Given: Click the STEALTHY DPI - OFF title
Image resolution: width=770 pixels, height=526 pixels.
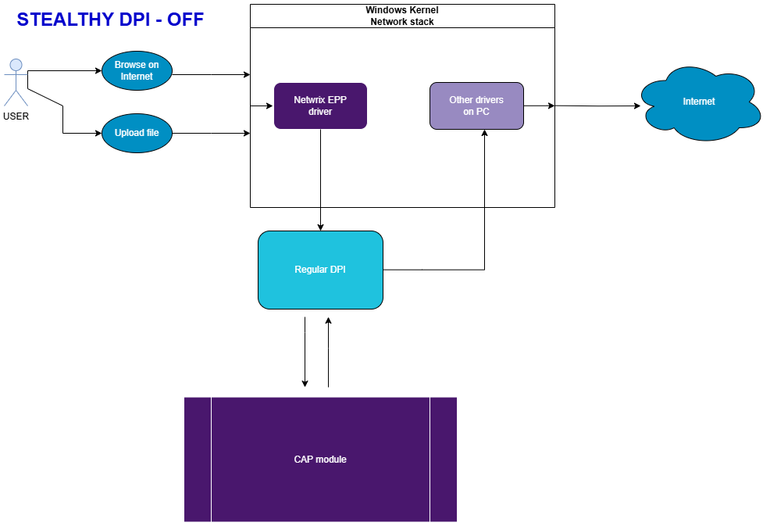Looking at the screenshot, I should click(110, 20).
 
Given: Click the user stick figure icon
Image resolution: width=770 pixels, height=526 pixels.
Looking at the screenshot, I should click(16, 81).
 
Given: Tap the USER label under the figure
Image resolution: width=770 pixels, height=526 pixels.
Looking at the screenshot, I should click(16, 116).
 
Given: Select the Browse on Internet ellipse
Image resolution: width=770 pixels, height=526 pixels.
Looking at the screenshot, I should click(137, 70).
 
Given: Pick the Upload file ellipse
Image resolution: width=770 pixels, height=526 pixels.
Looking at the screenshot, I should click(137, 133).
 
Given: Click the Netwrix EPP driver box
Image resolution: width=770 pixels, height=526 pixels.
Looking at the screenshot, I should click(320, 106).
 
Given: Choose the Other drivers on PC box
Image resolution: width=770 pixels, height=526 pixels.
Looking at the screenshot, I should click(476, 106).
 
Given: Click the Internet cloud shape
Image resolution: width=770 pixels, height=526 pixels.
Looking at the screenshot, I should click(698, 102).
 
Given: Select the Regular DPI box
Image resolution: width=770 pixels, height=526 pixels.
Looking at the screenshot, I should click(320, 270).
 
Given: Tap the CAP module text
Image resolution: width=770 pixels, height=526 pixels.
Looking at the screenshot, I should click(320, 460).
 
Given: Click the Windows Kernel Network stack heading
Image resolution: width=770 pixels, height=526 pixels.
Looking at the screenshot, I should click(402, 16).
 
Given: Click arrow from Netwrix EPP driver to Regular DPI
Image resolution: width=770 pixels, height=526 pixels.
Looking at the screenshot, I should click(320, 180).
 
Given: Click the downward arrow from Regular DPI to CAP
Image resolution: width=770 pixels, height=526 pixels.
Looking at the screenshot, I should click(305, 352).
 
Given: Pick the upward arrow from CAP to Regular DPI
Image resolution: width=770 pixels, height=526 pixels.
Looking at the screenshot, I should click(328, 352).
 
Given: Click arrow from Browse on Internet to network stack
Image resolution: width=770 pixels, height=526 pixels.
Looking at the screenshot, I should click(211, 75).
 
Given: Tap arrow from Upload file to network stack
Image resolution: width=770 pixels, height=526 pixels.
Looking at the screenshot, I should click(211, 134).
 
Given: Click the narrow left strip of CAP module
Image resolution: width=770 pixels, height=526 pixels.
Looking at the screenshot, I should click(198, 460).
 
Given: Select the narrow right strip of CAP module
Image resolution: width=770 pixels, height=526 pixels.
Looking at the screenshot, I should click(443, 460).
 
